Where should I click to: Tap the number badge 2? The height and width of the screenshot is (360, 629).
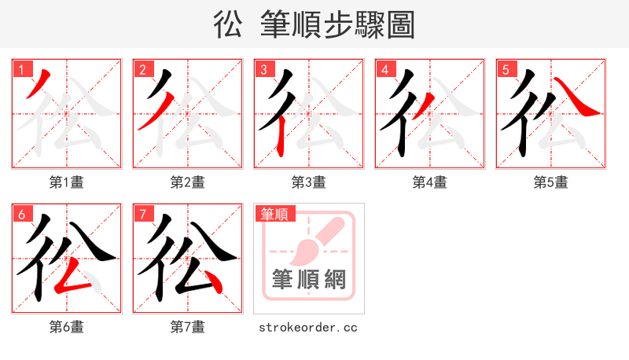[x=142, y=70]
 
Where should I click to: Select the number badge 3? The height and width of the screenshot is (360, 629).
[x=263, y=70]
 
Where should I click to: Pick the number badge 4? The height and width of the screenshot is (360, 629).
[x=384, y=70]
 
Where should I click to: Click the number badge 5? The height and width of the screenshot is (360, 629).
[x=506, y=70]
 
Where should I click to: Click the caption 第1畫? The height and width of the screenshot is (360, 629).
[x=67, y=182]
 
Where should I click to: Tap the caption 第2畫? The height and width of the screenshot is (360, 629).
[x=188, y=182]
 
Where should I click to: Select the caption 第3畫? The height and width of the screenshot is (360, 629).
[x=309, y=182]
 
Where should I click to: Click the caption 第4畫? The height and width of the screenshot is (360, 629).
[x=430, y=182]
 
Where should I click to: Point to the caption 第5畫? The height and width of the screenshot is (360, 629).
[x=551, y=182]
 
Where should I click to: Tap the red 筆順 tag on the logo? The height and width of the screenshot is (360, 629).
[x=274, y=214]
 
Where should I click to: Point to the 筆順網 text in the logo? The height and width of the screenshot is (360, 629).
[x=308, y=279]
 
